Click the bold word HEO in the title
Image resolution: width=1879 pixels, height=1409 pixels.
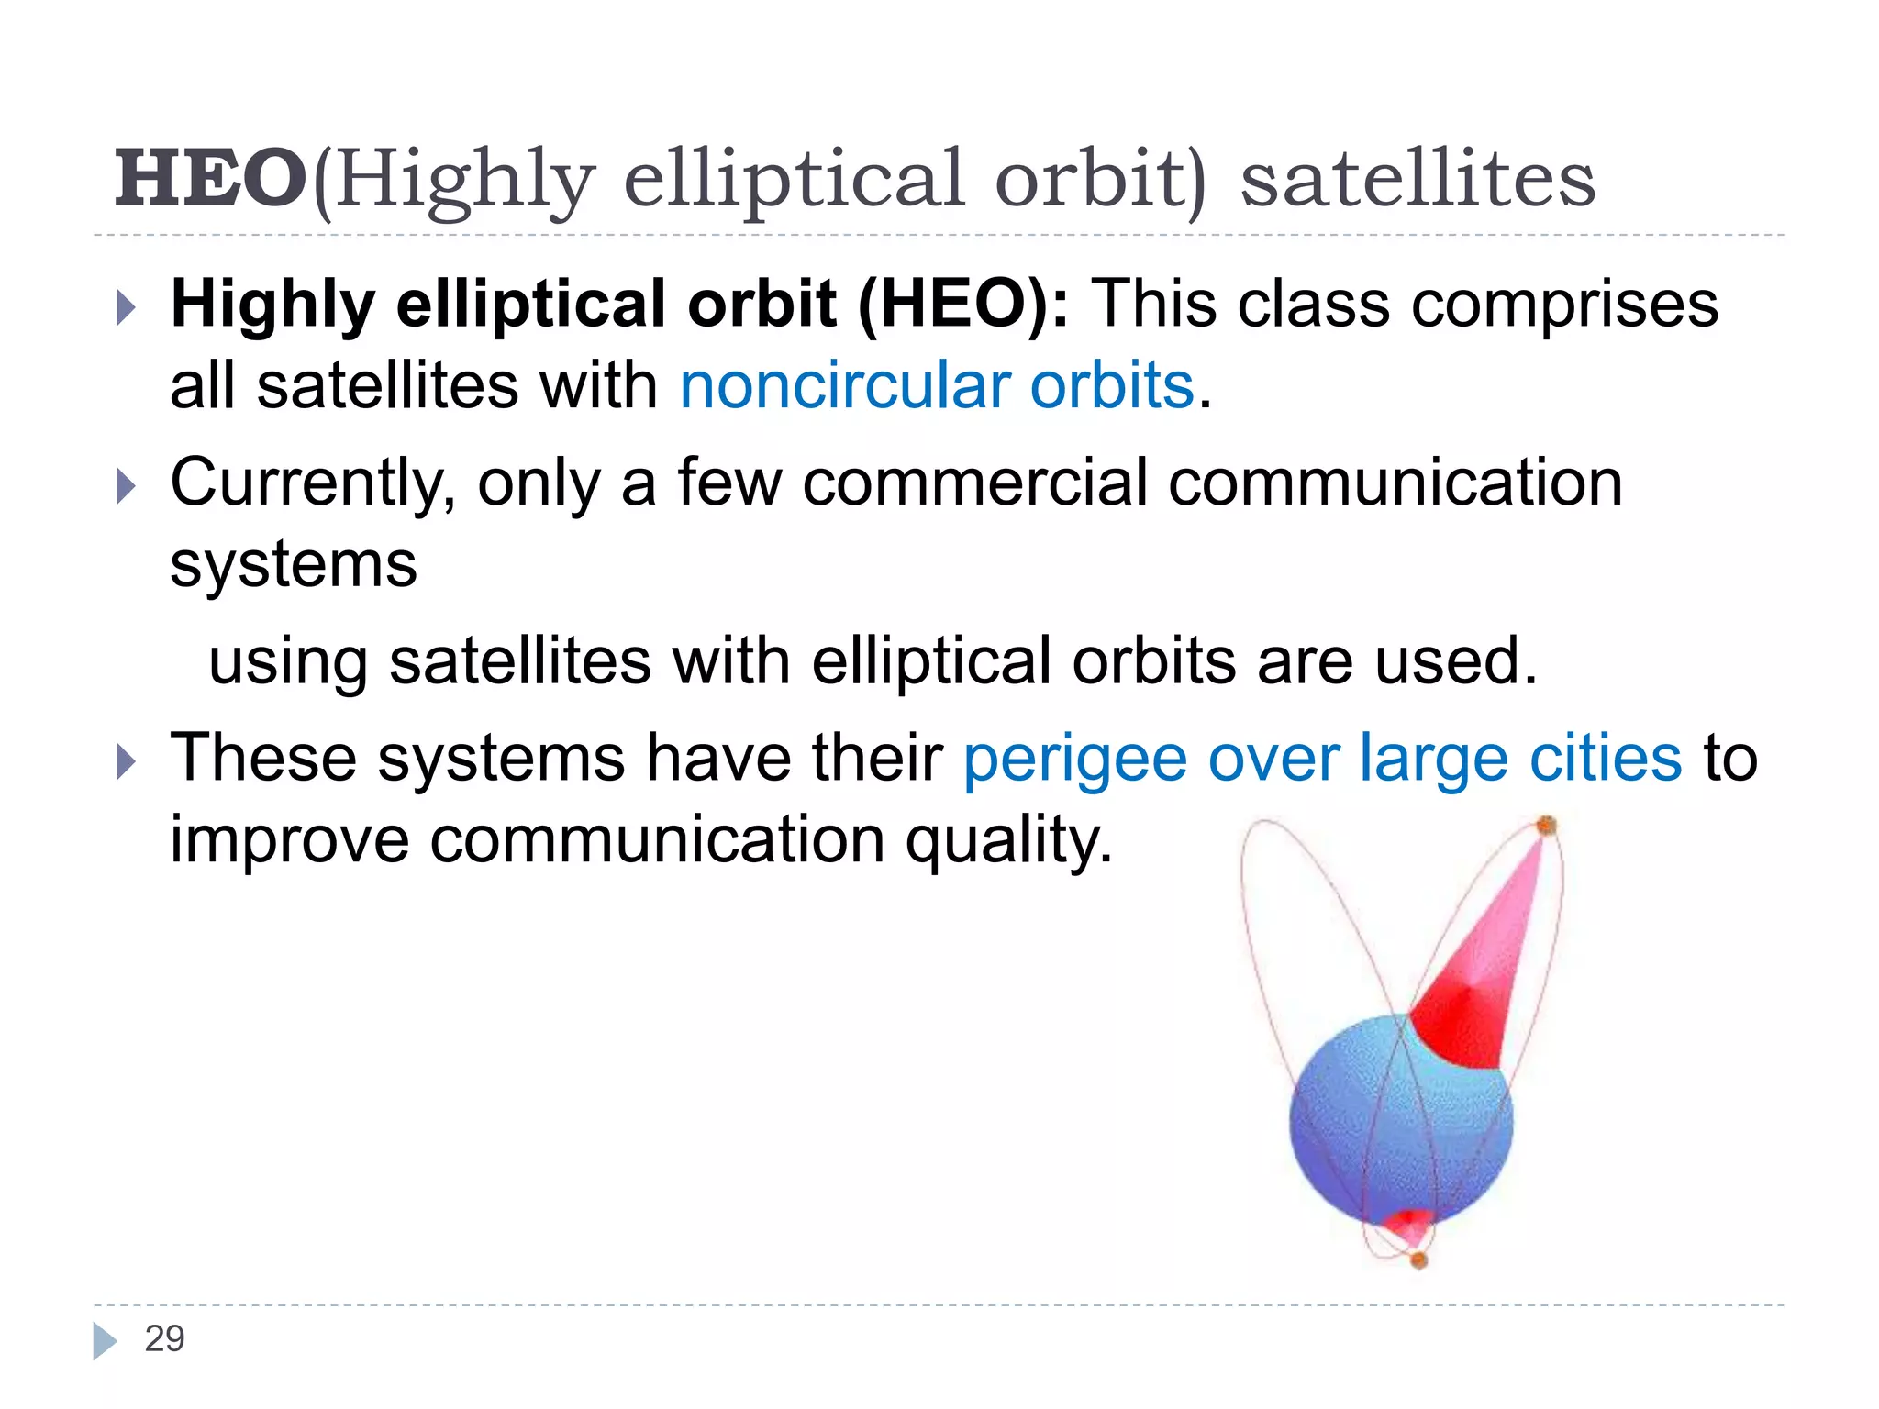pos(210,179)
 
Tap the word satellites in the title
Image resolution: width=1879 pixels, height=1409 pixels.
pos(1418,179)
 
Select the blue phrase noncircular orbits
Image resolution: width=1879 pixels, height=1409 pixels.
pos(937,385)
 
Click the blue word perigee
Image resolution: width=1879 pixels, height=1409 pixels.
pos(1074,760)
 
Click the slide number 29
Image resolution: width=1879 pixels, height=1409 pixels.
pos(165,1339)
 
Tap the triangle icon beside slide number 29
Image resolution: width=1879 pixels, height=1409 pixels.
pos(105,1341)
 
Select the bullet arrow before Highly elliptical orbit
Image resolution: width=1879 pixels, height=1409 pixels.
pos(127,308)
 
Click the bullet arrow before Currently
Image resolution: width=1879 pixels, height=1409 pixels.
pos(127,486)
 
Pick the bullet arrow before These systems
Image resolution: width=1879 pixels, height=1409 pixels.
pos(127,762)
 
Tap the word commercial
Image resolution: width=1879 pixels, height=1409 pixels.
pos(974,484)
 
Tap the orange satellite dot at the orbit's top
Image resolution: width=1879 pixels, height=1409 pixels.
pos(1547,826)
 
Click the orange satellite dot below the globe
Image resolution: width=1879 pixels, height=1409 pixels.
pos(1418,1261)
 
